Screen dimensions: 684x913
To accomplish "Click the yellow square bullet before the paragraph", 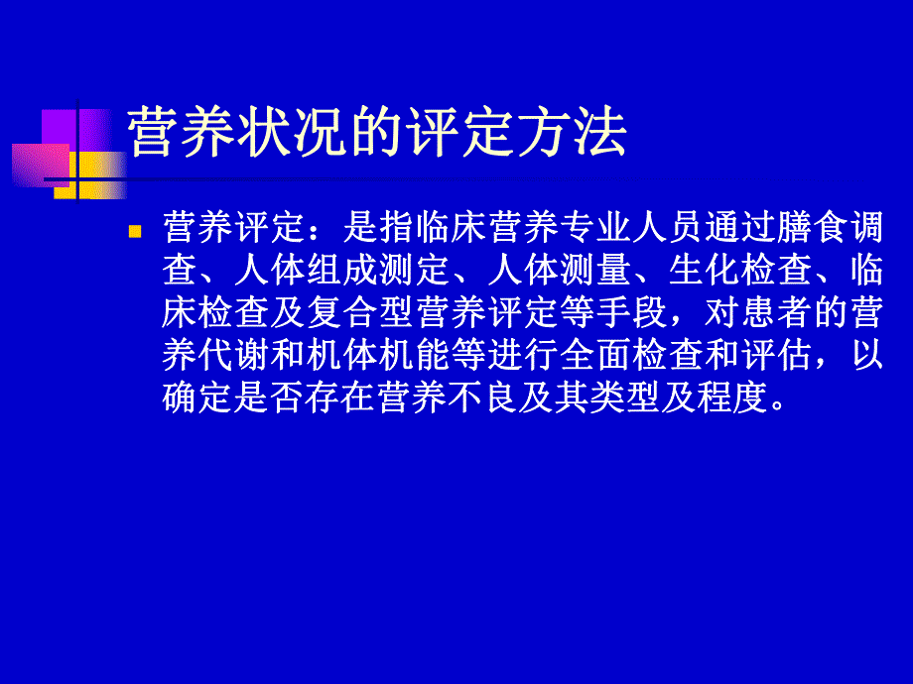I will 136,230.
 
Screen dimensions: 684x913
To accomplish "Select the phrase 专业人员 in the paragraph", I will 645,229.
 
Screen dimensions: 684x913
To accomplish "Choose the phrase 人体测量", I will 559,272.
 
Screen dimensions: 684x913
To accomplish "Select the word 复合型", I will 378,313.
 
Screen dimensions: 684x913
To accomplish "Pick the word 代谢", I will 234,355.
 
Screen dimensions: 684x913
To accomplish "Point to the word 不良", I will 486,398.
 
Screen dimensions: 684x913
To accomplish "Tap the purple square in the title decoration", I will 60,129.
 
